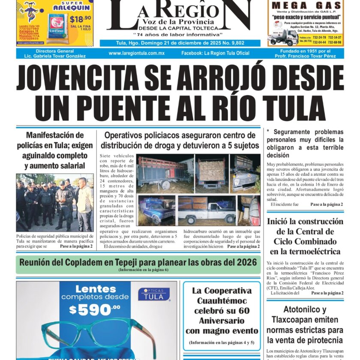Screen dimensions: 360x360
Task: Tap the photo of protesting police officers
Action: pos(55,202)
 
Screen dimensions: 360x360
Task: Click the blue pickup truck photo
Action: pos(156,210)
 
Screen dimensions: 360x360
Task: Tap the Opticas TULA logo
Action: pos(154,294)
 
